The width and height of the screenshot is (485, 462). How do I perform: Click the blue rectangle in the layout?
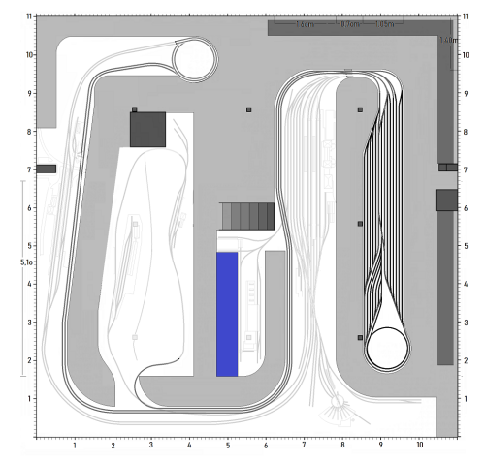(227, 314)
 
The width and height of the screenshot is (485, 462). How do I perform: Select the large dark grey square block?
(148, 129)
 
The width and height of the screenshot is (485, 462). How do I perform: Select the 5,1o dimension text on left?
(26, 262)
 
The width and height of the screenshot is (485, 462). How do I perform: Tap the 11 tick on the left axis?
(31, 17)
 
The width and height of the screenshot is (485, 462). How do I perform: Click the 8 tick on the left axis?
(31, 132)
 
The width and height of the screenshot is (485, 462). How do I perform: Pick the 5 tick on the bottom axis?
(228, 447)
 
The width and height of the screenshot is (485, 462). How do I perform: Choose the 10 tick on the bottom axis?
(419, 447)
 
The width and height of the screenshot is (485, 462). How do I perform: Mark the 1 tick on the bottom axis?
(75, 447)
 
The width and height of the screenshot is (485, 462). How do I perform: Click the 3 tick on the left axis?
(31, 323)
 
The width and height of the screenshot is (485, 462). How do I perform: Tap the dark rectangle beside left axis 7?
(47, 169)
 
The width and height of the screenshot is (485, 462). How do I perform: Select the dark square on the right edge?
(446, 200)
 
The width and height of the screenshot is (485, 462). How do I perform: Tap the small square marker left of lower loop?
(360, 338)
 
